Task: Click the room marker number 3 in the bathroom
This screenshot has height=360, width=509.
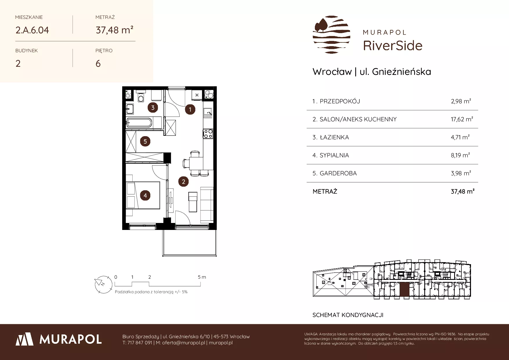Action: (153, 108)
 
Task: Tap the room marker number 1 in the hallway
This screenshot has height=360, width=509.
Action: (190, 109)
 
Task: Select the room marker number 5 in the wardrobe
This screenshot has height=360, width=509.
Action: (145, 142)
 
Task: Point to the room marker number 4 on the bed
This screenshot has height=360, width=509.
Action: (145, 195)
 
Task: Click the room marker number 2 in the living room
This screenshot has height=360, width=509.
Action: (183, 182)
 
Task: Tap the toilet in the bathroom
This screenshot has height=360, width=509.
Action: (141, 97)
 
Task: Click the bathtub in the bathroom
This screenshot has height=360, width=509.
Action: (139, 123)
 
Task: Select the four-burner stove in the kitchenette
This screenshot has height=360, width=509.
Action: (208, 134)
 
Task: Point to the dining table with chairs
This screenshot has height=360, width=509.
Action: (196, 163)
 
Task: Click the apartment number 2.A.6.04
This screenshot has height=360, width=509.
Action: (32, 30)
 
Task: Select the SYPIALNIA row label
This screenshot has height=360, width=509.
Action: (334, 155)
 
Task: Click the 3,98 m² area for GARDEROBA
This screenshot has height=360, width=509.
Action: (461, 173)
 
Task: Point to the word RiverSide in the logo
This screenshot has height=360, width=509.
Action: (393, 46)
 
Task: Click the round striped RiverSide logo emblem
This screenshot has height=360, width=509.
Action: (331, 35)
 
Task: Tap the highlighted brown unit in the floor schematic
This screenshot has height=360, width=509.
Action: (404, 290)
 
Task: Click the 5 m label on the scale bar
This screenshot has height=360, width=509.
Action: (202, 277)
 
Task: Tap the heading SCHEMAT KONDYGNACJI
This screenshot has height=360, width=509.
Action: (348, 315)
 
